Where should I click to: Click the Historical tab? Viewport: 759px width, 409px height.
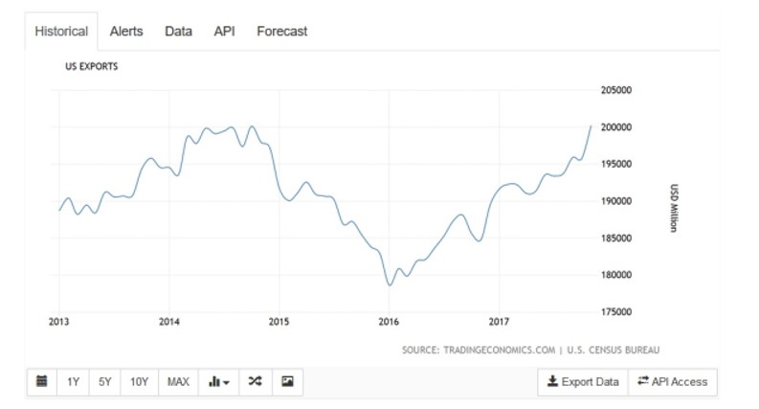(x=61, y=32)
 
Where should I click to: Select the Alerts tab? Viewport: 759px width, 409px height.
(x=126, y=32)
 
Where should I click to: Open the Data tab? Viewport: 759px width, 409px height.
(x=178, y=32)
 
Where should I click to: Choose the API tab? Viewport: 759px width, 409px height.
(x=224, y=32)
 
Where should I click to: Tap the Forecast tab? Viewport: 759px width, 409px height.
(x=282, y=32)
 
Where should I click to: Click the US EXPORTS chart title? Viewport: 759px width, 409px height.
(x=91, y=67)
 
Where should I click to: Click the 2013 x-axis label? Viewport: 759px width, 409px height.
(x=58, y=322)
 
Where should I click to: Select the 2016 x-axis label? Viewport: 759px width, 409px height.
(x=389, y=322)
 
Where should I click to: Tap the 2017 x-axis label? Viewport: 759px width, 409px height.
(x=499, y=322)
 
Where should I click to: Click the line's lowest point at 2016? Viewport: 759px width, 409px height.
(x=390, y=284)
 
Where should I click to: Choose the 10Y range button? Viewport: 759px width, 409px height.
(x=140, y=382)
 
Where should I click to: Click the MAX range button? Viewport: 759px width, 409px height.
(x=178, y=382)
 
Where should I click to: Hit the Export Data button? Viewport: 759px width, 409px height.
(x=583, y=382)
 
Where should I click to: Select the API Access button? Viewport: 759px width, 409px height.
(x=673, y=382)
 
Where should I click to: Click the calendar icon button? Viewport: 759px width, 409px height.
(x=42, y=382)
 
